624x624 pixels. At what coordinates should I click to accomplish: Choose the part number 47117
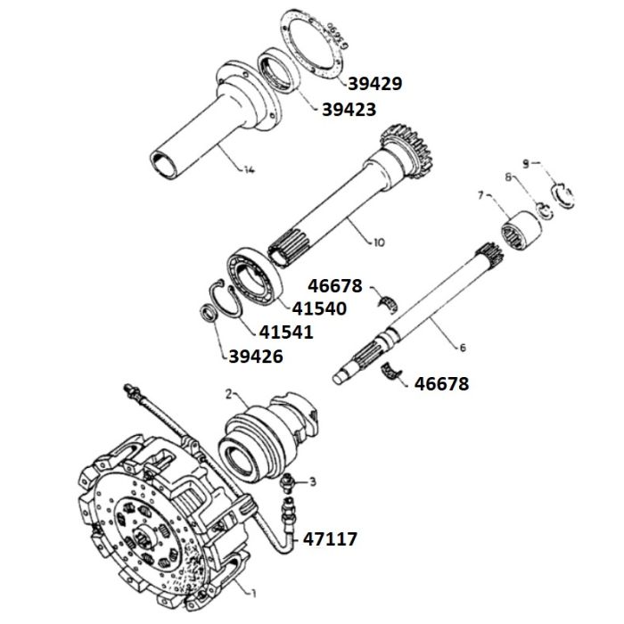click(332, 538)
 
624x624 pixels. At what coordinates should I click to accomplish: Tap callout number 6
click(463, 346)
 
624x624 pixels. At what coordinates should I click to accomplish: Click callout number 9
click(525, 163)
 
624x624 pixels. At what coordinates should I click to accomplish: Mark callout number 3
click(313, 482)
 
